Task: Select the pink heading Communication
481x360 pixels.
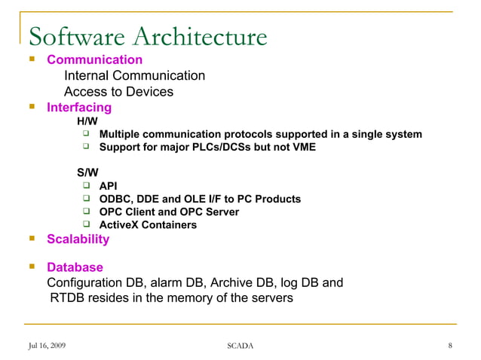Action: tap(94, 59)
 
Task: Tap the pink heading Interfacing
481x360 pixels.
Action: tap(79, 108)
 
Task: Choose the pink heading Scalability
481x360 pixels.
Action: tap(78, 239)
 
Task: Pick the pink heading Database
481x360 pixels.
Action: tap(75, 267)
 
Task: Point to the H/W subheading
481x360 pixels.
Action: tap(87, 121)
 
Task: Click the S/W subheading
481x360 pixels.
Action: tap(87, 172)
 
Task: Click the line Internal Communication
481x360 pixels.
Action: tap(134, 76)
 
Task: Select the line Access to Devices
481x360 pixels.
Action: tap(118, 92)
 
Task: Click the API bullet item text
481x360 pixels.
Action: tap(108, 186)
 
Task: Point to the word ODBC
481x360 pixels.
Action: tap(114, 199)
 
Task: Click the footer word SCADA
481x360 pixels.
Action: tap(240, 346)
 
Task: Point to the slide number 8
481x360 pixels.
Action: tap(449, 346)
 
